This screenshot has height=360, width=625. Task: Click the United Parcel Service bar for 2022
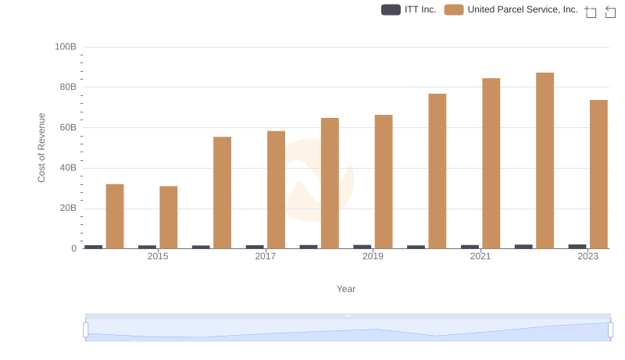[x=545, y=161]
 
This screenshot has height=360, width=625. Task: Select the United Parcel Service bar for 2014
[x=115, y=216]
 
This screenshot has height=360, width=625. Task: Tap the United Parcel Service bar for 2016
[x=222, y=193]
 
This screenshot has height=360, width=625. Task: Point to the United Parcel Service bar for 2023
[x=598, y=174]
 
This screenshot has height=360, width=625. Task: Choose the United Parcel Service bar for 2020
[x=437, y=171]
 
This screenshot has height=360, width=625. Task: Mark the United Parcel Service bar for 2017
[x=276, y=190]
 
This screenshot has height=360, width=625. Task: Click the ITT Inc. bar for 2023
[x=577, y=246]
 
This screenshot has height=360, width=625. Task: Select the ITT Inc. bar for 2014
[x=94, y=247]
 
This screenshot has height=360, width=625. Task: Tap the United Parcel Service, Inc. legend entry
[x=512, y=10]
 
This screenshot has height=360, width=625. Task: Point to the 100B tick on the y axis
[x=66, y=47]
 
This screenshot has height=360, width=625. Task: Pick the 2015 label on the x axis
[x=158, y=256]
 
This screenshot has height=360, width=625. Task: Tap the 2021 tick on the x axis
[x=480, y=256]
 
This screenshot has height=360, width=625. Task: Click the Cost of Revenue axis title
[x=42, y=148]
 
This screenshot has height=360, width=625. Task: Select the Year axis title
[x=346, y=289]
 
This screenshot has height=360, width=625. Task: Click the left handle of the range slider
[x=85, y=330]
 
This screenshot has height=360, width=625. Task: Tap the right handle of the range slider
[x=611, y=330]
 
